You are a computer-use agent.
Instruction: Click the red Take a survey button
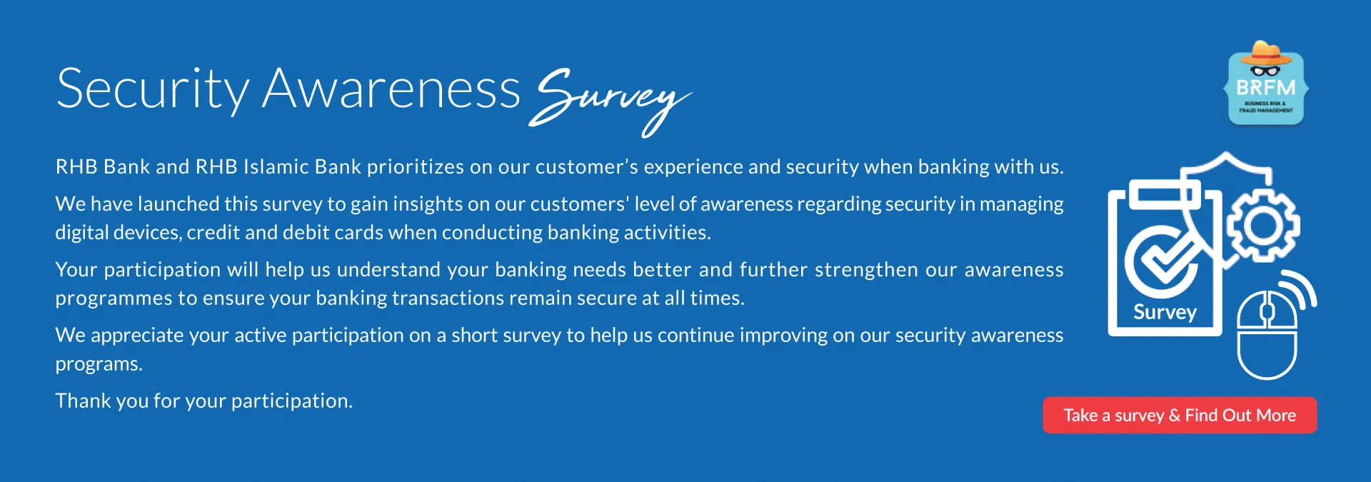click(x=1180, y=415)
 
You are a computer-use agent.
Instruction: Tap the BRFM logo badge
click(x=1266, y=84)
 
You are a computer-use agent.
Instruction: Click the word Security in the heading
click(x=152, y=90)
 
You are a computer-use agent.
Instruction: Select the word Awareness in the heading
click(x=391, y=89)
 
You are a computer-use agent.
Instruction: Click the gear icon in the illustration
click(x=1263, y=226)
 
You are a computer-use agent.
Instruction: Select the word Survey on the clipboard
click(x=1165, y=313)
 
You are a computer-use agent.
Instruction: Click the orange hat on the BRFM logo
click(x=1265, y=53)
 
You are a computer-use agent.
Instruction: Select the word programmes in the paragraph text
click(x=114, y=299)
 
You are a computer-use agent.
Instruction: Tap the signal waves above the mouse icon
click(x=1297, y=290)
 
